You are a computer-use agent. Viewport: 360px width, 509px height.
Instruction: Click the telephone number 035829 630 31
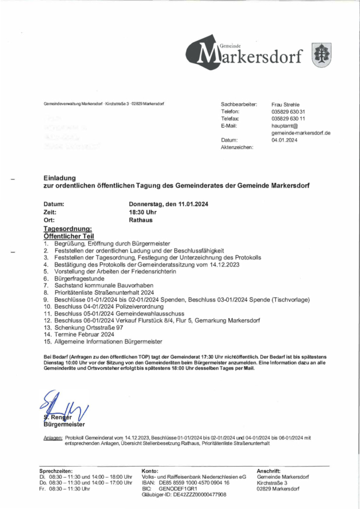pyautogui.click(x=289, y=111)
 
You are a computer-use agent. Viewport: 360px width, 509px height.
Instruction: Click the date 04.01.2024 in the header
pyautogui.click(x=285, y=140)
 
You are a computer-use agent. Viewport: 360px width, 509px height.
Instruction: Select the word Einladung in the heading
pyautogui.click(x=59, y=178)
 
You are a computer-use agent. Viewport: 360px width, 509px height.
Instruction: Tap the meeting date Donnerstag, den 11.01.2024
pyautogui.click(x=168, y=204)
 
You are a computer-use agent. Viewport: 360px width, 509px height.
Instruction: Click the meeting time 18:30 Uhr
pyautogui.click(x=142, y=212)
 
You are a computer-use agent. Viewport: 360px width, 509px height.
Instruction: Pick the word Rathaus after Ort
pyautogui.click(x=141, y=221)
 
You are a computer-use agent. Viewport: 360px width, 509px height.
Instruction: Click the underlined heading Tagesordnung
pyautogui.click(x=67, y=229)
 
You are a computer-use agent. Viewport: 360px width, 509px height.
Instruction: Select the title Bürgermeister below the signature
pyautogui.click(x=60, y=424)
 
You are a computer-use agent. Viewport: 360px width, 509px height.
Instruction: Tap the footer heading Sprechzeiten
pyautogui.click(x=56, y=471)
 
